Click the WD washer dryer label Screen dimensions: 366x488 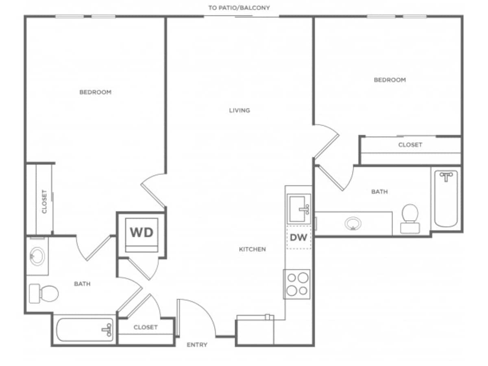tap(142, 232)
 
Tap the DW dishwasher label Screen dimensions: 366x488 tap(299, 237)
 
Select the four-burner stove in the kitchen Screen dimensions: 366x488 tap(297, 284)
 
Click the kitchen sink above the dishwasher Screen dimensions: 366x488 tap(299, 208)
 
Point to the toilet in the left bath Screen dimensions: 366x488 tap(44, 293)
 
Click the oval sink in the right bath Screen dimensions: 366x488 tap(353, 224)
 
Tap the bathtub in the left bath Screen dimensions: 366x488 tap(85, 330)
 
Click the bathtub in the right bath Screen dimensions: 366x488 tap(446, 198)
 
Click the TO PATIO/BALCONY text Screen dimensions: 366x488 tap(239, 8)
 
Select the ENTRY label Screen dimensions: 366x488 tap(197, 345)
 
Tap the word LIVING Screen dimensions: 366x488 tap(240, 110)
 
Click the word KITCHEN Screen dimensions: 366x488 tap(252, 249)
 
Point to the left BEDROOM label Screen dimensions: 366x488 tap(95, 92)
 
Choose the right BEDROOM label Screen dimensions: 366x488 tap(390, 80)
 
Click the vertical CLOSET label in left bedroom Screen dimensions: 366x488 tap(44, 201)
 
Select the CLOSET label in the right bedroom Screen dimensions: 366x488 tap(410, 145)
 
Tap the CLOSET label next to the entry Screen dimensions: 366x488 tap(146, 327)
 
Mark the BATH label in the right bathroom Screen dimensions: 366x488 tap(379, 192)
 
